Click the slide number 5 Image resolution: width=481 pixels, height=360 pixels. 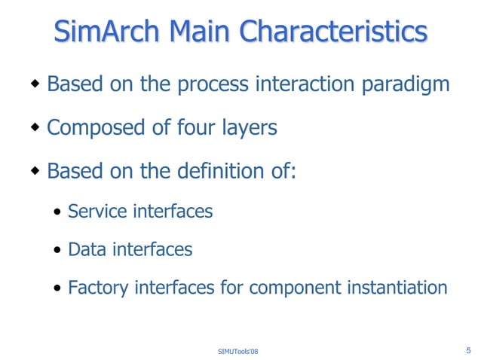tap(469, 349)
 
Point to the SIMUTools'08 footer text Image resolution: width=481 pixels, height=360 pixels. tap(237, 352)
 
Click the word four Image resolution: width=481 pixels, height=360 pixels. tap(194, 128)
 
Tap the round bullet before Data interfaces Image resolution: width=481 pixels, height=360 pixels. tap(58, 250)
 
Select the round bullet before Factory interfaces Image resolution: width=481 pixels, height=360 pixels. tap(58, 288)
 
